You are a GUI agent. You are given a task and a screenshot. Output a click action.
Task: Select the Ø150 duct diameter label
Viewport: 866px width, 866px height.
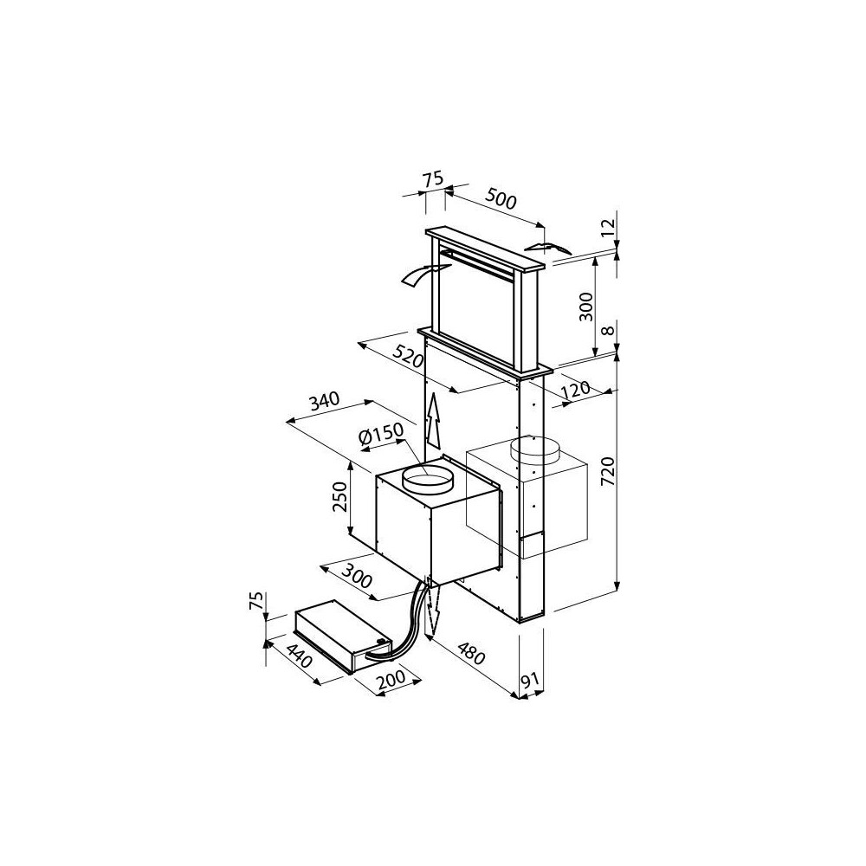click(382, 435)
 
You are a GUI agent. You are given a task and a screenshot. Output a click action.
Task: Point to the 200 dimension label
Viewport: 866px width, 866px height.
click(393, 682)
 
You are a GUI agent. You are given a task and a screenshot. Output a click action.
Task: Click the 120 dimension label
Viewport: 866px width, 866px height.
click(577, 391)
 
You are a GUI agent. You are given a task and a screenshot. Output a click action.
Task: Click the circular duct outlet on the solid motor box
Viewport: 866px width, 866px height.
click(428, 475)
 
